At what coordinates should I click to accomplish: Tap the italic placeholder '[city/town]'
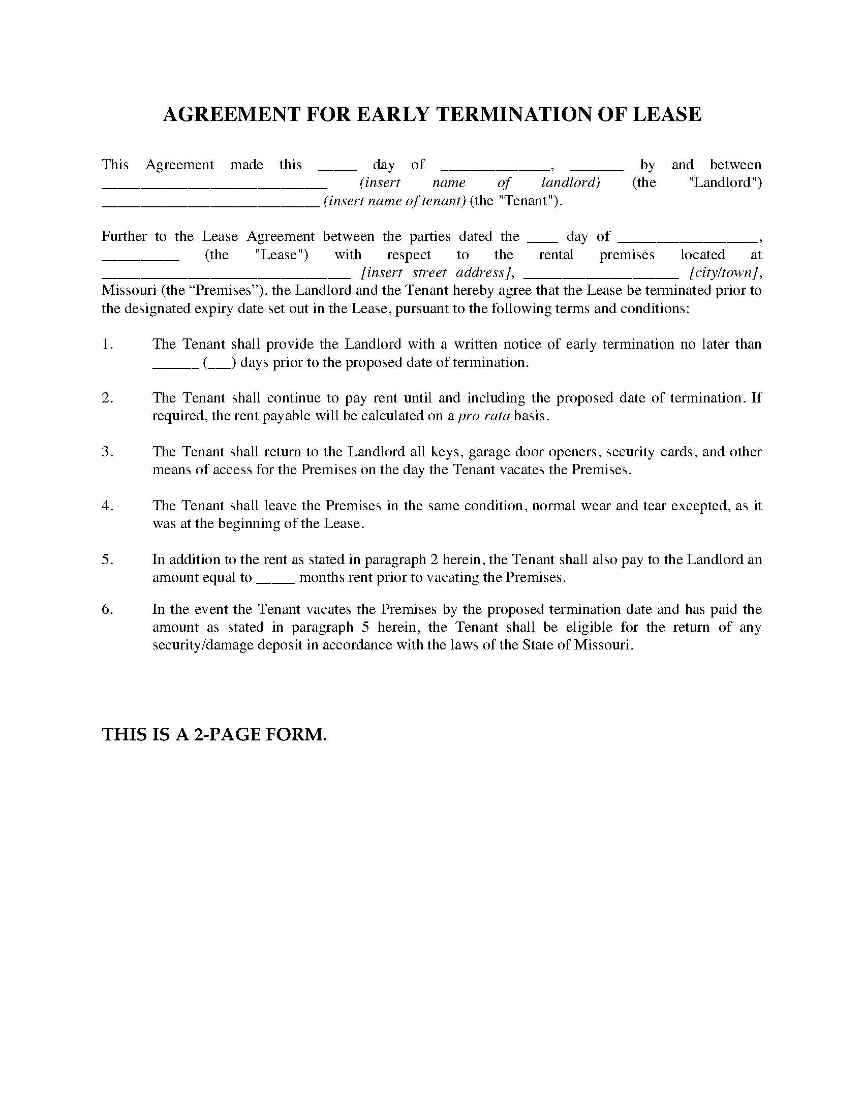(x=724, y=272)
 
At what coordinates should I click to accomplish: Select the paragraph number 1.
(x=107, y=344)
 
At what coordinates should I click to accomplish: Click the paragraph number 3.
(x=107, y=451)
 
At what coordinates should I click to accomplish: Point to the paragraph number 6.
(x=107, y=609)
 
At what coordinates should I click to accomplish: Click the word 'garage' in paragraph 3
(x=488, y=452)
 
